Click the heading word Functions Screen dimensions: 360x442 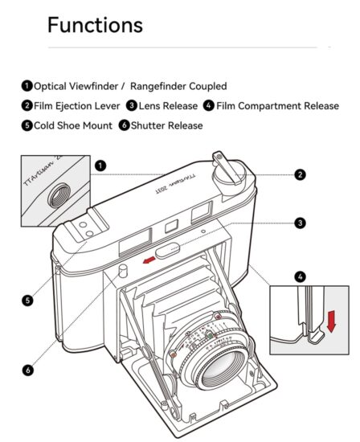[x=95, y=25]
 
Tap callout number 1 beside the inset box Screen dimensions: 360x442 [x=100, y=166]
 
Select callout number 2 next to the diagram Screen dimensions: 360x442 [x=300, y=174]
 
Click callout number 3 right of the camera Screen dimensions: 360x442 [x=300, y=223]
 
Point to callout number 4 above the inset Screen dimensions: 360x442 [x=300, y=276]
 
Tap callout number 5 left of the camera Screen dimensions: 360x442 [x=27, y=301]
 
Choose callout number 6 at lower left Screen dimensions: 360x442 [x=27, y=370]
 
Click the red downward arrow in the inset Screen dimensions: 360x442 [x=331, y=321]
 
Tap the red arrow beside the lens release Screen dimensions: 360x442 [x=149, y=260]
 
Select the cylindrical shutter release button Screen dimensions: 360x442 [x=123, y=271]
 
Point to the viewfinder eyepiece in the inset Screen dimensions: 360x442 [x=59, y=195]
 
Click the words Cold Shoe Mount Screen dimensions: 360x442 [x=73, y=125]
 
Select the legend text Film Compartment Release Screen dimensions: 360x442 [x=277, y=106]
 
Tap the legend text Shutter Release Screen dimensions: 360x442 [x=166, y=125]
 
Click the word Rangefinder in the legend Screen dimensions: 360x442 [x=157, y=86]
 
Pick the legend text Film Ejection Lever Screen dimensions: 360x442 [x=76, y=106]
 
